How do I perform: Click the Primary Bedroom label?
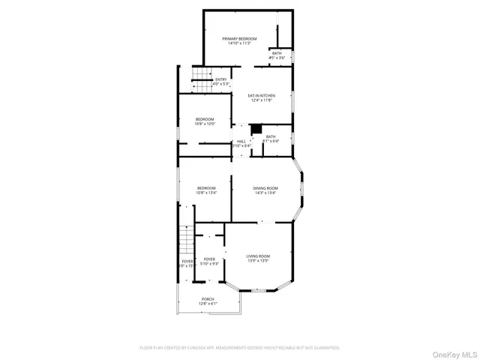(x=239, y=38)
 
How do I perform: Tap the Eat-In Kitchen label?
(x=262, y=96)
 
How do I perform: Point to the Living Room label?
(x=258, y=256)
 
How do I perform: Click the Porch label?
(x=208, y=299)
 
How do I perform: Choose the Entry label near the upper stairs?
(x=220, y=79)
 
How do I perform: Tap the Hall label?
(x=241, y=141)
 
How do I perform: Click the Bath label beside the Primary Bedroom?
(x=277, y=52)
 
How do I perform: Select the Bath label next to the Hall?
(x=270, y=136)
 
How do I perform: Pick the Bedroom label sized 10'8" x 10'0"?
(x=205, y=119)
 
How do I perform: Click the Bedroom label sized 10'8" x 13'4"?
(x=206, y=187)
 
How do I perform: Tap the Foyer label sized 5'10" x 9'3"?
(x=209, y=259)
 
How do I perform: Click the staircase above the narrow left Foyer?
(x=186, y=240)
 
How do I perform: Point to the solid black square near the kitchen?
(x=255, y=128)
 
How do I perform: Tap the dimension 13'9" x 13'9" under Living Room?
(x=258, y=262)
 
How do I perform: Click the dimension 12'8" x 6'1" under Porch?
(x=208, y=304)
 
